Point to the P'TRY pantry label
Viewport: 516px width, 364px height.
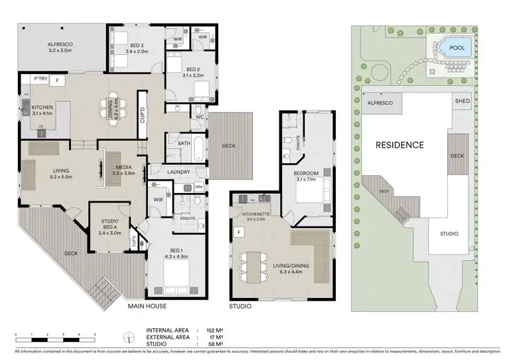(x=32, y=80)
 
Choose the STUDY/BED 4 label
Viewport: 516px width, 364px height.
(x=109, y=225)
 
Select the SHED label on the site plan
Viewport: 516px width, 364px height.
(x=462, y=101)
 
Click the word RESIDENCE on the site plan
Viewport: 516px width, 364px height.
(x=399, y=145)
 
